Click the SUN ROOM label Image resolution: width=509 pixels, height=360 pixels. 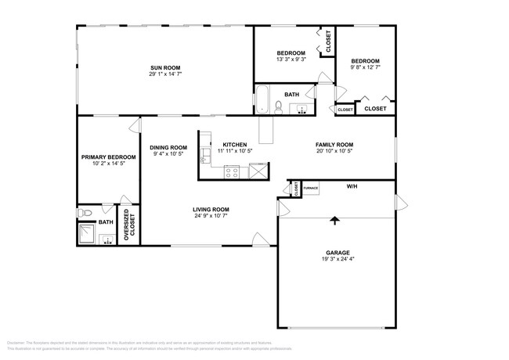tap(165, 68)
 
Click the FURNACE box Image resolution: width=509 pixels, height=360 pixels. tap(311, 189)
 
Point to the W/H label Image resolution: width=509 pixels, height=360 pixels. tap(352, 187)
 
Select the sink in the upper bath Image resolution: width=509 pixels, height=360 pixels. tap(301, 110)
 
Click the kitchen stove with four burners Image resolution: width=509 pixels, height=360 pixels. tap(233, 171)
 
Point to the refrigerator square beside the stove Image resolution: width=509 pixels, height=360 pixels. tap(257, 171)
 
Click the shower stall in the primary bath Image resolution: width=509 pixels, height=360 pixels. tap(87, 234)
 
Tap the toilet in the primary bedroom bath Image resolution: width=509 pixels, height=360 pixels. tap(86, 212)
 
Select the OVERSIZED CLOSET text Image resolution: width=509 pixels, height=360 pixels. tap(126, 227)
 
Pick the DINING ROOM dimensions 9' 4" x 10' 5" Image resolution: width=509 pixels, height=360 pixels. tap(168, 153)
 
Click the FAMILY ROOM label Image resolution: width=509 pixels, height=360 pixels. tap(334, 145)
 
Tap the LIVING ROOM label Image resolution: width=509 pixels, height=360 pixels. tap(211, 209)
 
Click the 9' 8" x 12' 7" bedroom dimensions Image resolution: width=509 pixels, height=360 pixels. tap(365, 67)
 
